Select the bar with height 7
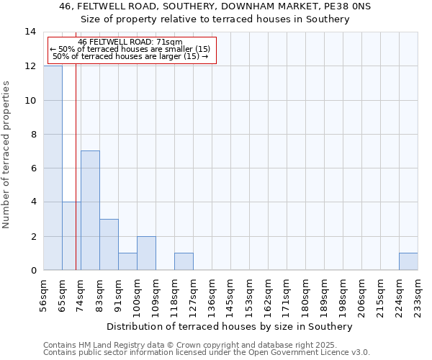click(x=90, y=210)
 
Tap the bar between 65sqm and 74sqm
click(x=71, y=236)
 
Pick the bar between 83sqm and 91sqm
click(x=109, y=245)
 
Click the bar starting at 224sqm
click(x=408, y=261)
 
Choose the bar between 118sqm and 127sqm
click(x=184, y=261)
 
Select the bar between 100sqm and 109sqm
click(x=146, y=253)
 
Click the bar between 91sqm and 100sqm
click(x=127, y=261)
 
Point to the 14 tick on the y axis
click(x=31, y=32)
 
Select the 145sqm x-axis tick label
click(x=230, y=297)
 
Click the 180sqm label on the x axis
click(x=305, y=297)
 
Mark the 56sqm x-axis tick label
click(x=43, y=297)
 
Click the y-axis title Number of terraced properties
click(x=7, y=155)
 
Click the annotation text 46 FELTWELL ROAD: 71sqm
click(x=130, y=42)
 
